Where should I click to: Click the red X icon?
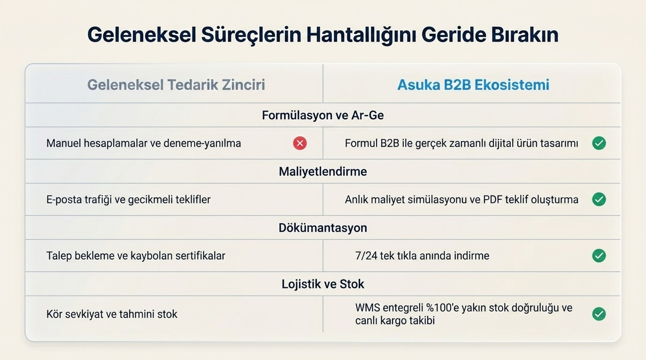pyautogui.click(x=300, y=143)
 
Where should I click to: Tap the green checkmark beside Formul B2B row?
pyautogui.click(x=599, y=143)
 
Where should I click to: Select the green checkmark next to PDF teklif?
pyautogui.click(x=599, y=199)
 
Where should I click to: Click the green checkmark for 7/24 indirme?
pyautogui.click(x=599, y=255)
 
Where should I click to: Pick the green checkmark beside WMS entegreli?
pyautogui.click(x=599, y=314)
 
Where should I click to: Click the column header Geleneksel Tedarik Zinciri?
pyautogui.click(x=176, y=85)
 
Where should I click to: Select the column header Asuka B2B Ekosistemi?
pyautogui.click(x=473, y=85)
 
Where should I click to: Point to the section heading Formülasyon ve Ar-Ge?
pyautogui.click(x=323, y=115)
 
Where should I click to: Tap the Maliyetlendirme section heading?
pyautogui.click(x=323, y=172)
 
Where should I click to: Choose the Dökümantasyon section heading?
pyautogui.click(x=323, y=228)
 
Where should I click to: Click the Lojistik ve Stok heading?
pyautogui.click(x=323, y=284)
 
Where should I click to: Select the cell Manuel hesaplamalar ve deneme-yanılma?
pyautogui.click(x=144, y=143)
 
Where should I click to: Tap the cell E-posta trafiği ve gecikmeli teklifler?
pyautogui.click(x=128, y=199)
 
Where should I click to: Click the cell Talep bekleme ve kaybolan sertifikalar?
pyautogui.click(x=135, y=256)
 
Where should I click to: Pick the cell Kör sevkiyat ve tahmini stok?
pyautogui.click(x=112, y=314)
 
